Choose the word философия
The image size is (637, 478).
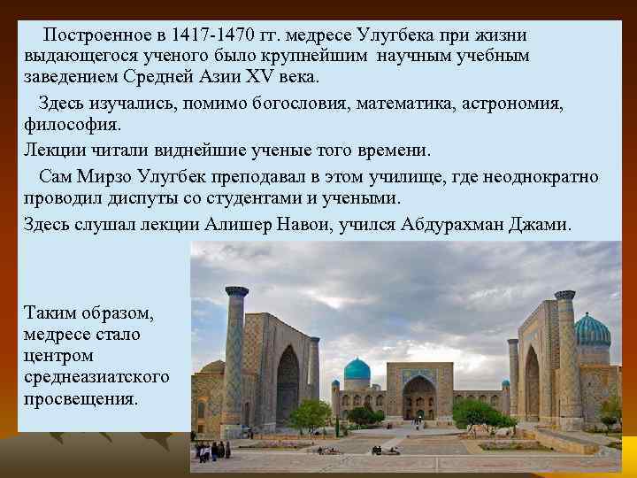tap(73, 125)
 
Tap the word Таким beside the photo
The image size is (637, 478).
tap(50, 314)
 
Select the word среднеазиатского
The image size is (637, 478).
tap(96, 378)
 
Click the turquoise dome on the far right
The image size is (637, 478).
tap(592, 329)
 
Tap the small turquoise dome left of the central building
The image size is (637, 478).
tap(357, 369)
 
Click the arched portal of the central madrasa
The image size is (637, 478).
tap(418, 394)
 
